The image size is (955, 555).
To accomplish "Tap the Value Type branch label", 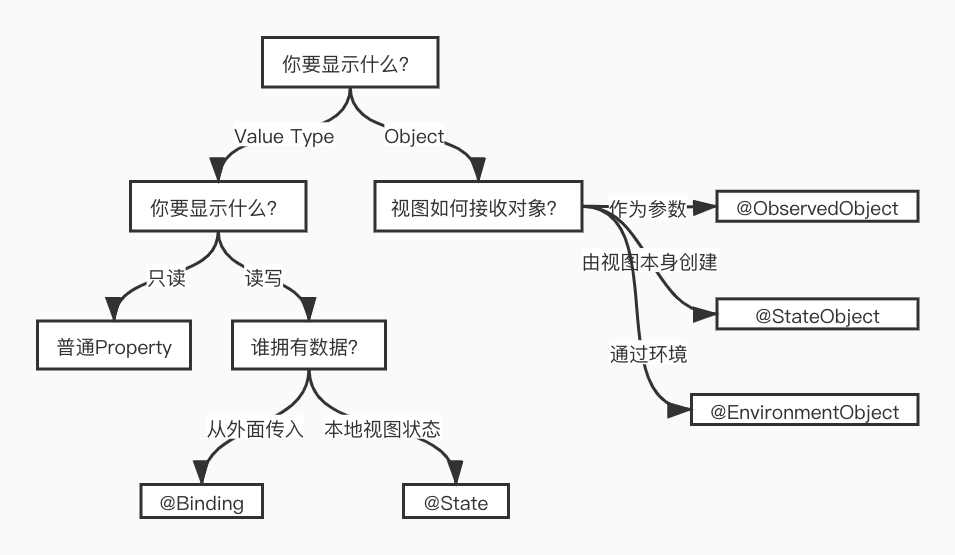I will (284, 137).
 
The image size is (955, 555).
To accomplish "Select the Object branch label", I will (414, 137).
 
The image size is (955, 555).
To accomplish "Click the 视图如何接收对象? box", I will (474, 209).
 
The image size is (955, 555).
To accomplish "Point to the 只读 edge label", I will (167, 278).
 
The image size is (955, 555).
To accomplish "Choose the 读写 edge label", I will (264, 278).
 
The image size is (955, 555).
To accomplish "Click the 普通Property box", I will (114, 348).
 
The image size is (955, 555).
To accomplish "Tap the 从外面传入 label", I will (255, 429).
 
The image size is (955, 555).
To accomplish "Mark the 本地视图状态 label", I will (382, 429).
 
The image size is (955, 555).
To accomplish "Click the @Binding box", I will (201, 502).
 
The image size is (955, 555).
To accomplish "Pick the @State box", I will (456, 502).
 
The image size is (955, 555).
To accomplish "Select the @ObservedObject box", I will (817, 208).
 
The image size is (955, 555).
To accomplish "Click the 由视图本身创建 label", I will (650, 263).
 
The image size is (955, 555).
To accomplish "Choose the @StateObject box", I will (817, 316).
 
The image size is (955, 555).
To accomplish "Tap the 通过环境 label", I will (648, 354).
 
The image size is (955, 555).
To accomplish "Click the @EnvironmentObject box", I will (804, 411).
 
